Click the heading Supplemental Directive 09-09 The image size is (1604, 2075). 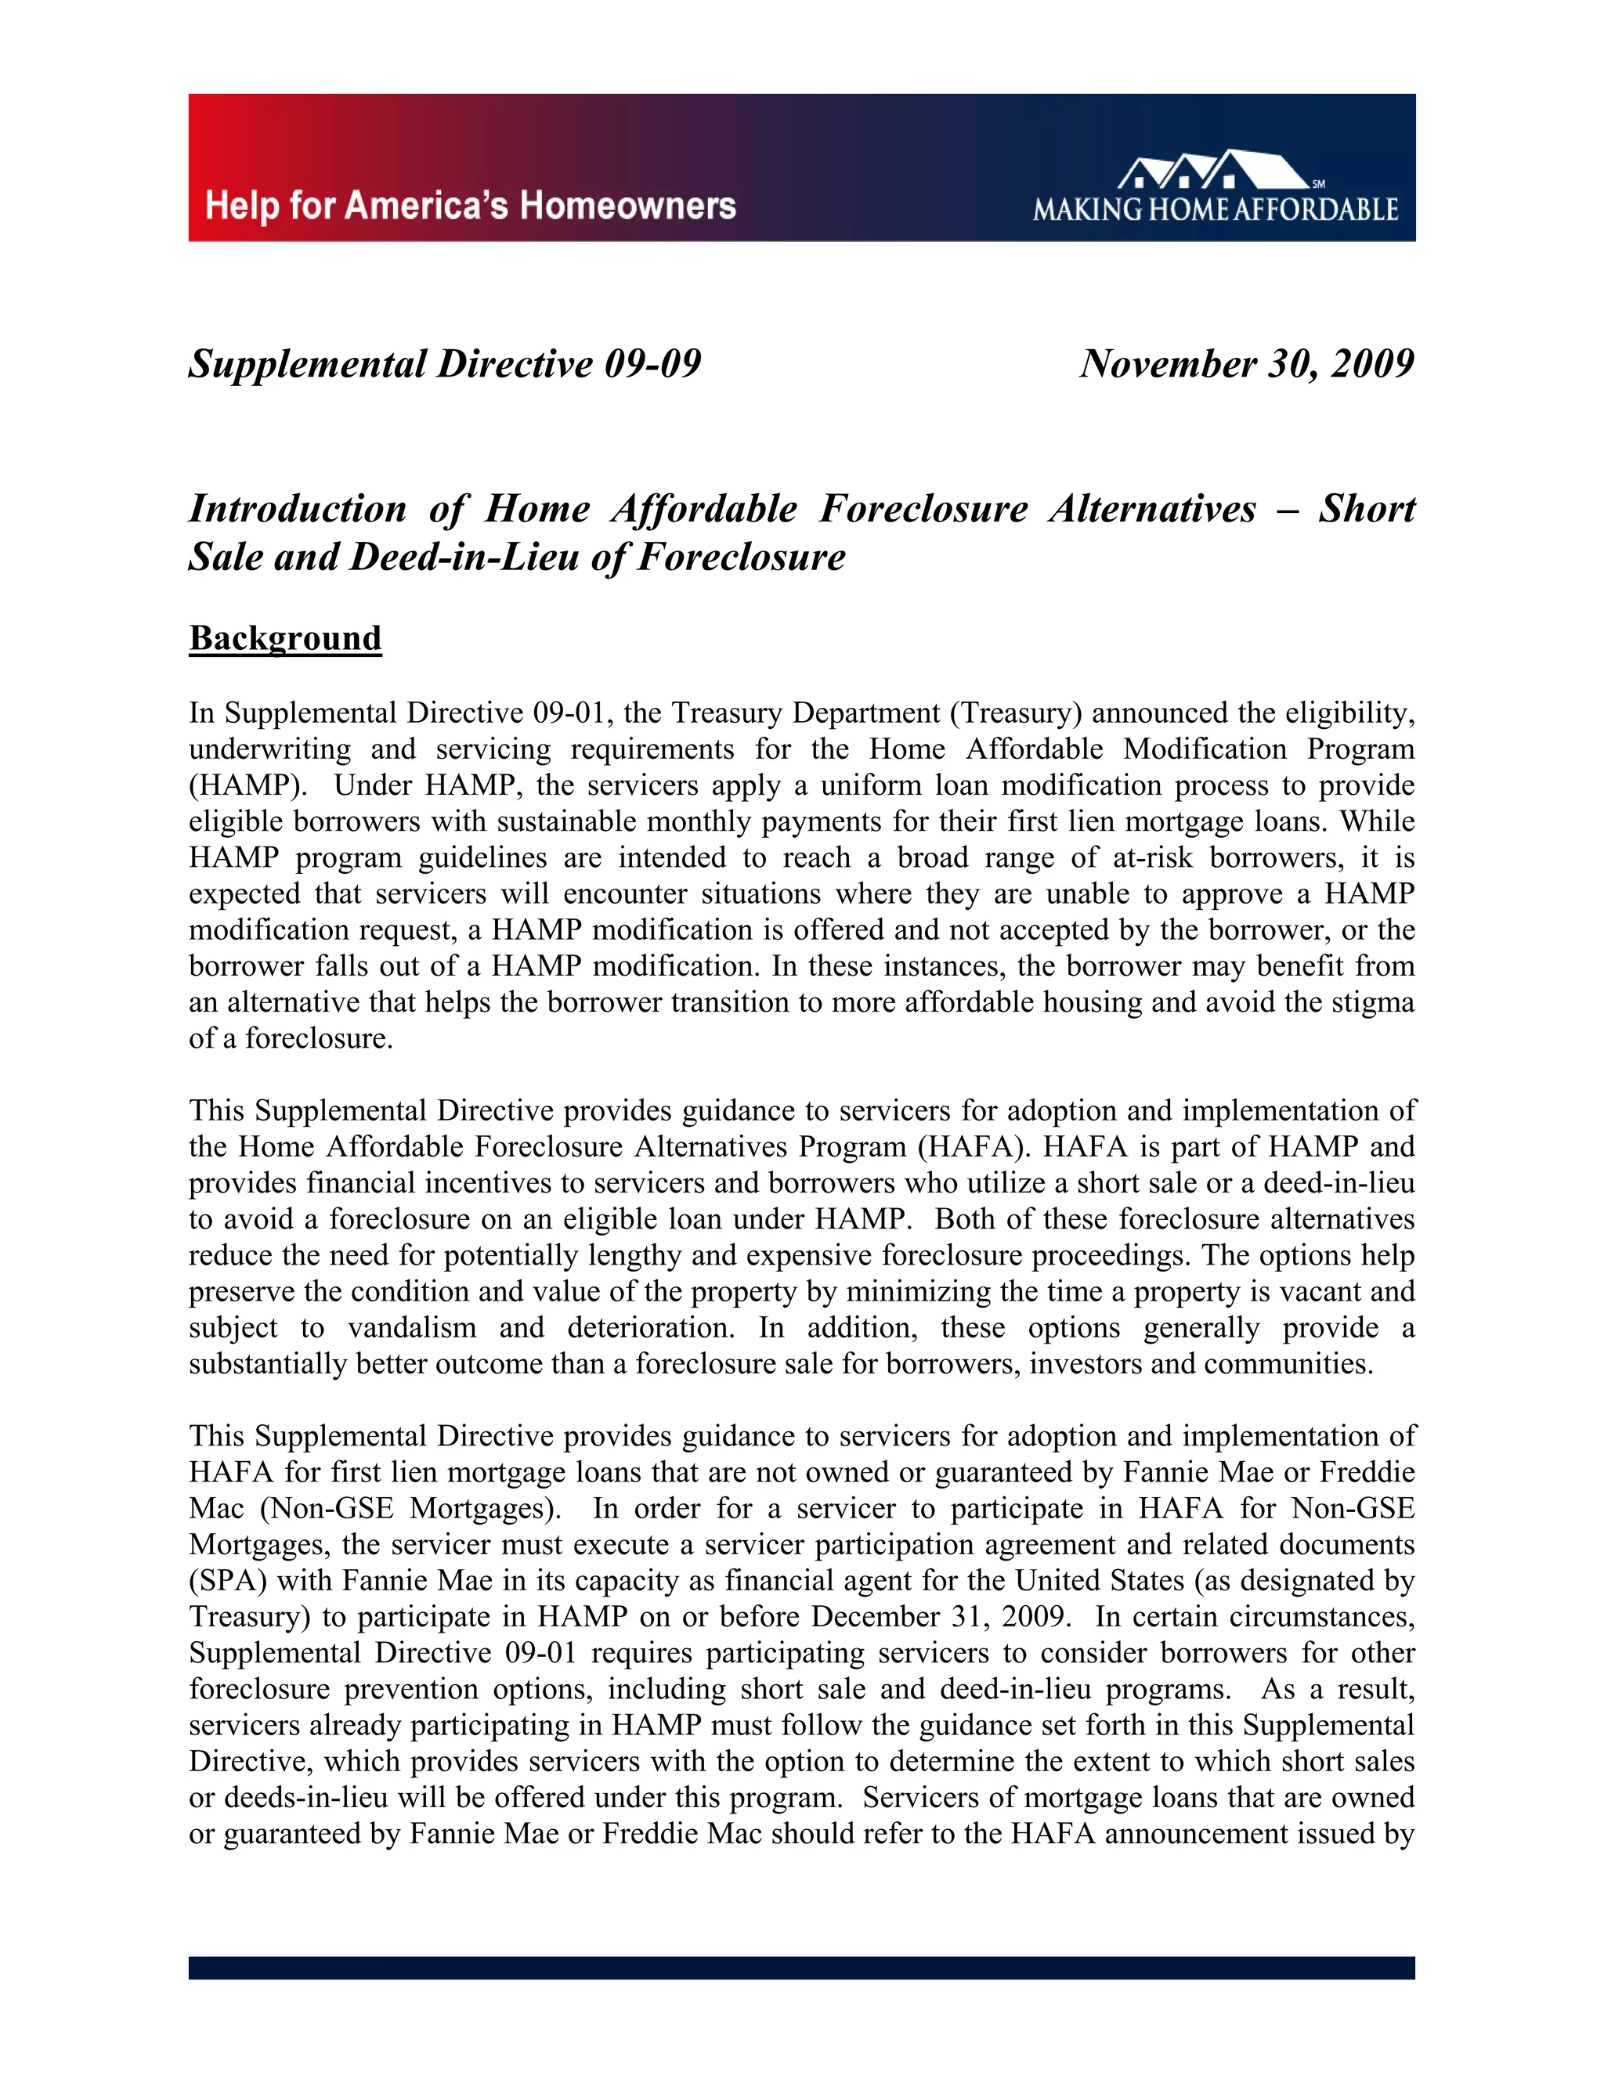click(x=444, y=364)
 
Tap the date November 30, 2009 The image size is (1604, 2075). click(x=1247, y=364)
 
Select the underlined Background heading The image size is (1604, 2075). click(x=285, y=637)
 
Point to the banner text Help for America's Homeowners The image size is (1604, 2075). click(x=471, y=205)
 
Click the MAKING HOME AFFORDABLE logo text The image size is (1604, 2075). click(x=1216, y=209)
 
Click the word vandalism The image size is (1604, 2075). click(x=413, y=1327)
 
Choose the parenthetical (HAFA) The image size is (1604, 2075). click(x=974, y=1147)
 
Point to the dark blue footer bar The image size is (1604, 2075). click(x=801, y=1968)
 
